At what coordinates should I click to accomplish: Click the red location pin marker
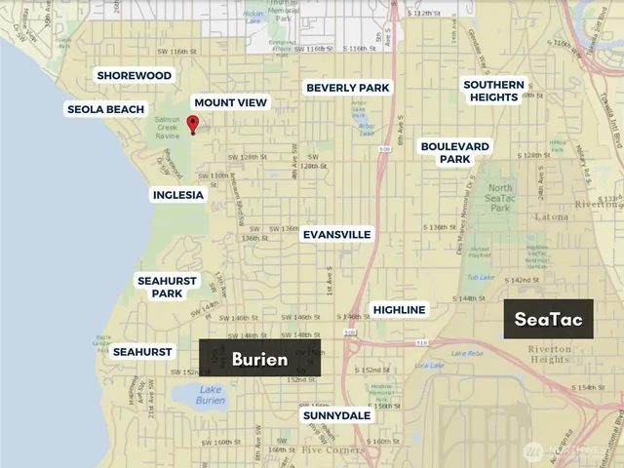point(192,124)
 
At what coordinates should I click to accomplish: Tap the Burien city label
point(259,359)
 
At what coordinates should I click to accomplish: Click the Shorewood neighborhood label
point(134,75)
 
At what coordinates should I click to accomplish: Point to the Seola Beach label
point(105,109)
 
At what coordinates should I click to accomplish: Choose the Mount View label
point(230,102)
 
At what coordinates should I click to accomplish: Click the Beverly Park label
point(347,87)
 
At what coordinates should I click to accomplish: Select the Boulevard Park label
point(456,152)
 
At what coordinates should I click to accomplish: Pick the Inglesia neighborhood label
point(178,194)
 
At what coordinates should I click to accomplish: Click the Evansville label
point(336,235)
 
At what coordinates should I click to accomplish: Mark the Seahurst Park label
point(167,287)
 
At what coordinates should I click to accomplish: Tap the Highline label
point(400,309)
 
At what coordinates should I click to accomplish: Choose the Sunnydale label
point(335,415)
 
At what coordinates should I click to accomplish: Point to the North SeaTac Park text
point(500,194)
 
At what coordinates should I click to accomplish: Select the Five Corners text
point(322,450)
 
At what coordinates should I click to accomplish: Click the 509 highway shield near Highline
point(350,332)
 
